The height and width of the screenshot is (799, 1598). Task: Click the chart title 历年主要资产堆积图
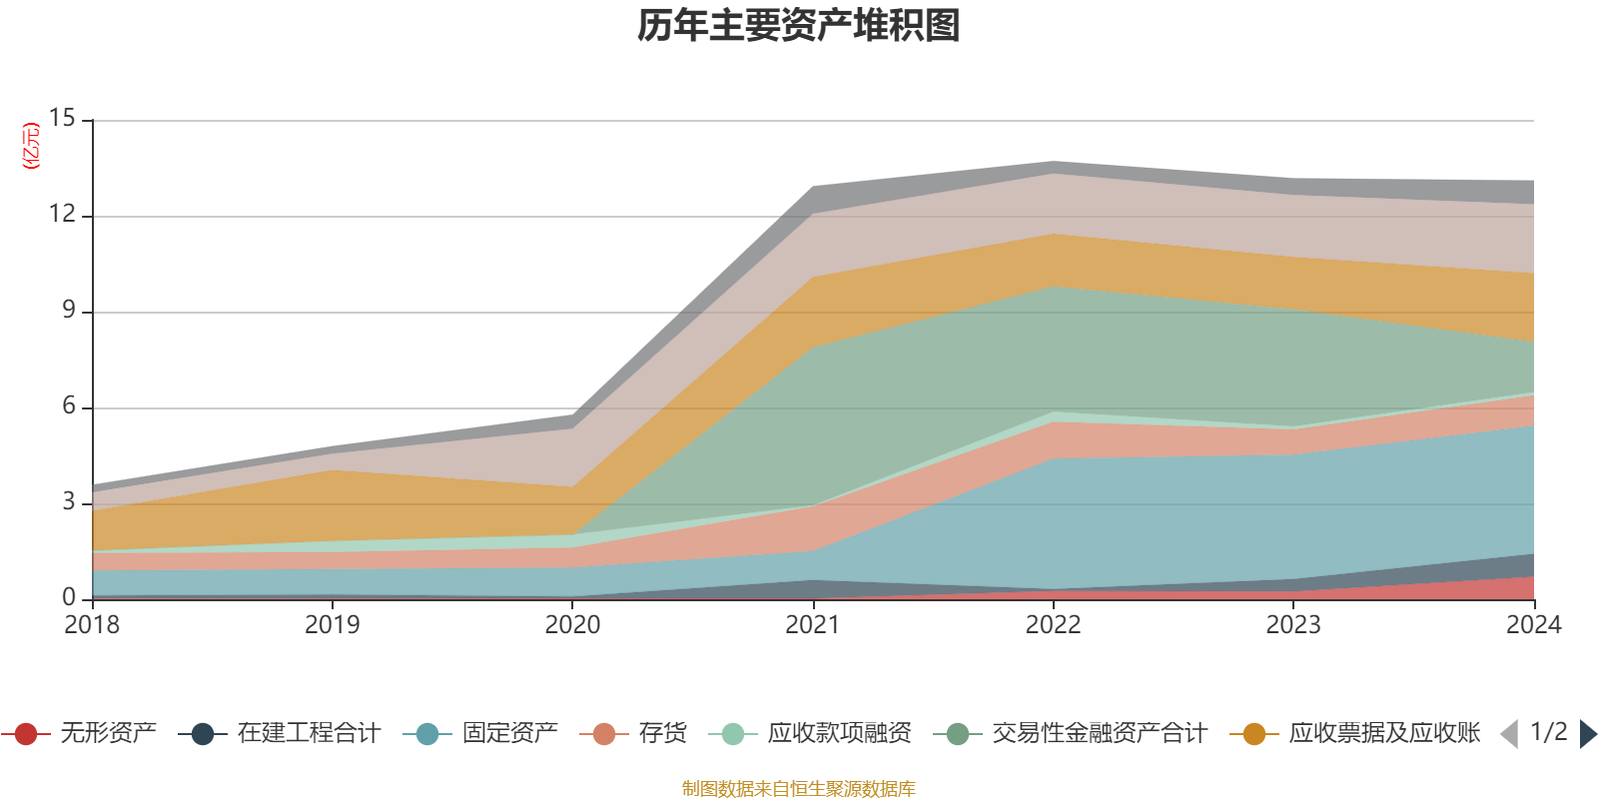click(799, 27)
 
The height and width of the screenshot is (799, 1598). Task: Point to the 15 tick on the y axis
click(62, 119)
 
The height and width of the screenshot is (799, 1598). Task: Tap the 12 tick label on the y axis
click(62, 215)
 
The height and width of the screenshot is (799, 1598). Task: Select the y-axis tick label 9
click(68, 311)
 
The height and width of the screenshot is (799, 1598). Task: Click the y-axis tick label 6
click(68, 406)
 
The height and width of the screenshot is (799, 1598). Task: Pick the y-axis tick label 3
click(68, 502)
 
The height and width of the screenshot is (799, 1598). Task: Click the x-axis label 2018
click(92, 625)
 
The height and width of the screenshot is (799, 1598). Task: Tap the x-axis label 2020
click(572, 625)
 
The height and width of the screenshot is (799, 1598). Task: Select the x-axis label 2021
click(813, 625)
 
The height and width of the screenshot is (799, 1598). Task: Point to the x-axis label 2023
click(1293, 625)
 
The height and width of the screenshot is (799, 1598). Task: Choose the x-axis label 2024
click(1533, 625)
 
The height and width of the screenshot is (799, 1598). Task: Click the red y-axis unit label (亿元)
click(32, 146)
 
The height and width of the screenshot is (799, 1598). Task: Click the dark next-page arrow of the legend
click(1587, 734)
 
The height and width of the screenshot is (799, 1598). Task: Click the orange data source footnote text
click(799, 789)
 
